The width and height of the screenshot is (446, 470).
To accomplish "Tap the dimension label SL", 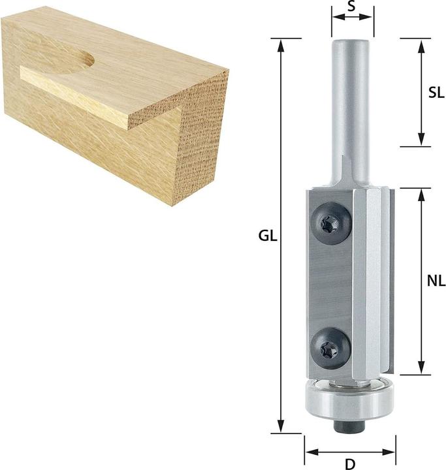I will pyautogui.click(x=436, y=92).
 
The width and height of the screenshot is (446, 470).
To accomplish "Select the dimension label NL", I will pyautogui.click(x=436, y=281).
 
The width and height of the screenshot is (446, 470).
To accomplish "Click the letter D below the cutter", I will pyautogui.click(x=350, y=463).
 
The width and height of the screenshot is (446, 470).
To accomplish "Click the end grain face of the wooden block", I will pyautogui.click(x=202, y=137).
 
